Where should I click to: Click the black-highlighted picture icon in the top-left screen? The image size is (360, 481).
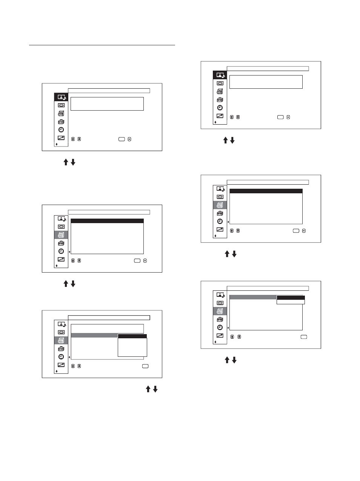tap(61, 97)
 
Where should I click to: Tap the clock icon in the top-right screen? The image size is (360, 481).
tap(220, 108)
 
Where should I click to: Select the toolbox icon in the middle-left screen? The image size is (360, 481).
tap(61, 243)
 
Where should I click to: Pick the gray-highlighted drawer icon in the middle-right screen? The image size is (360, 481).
tap(220, 205)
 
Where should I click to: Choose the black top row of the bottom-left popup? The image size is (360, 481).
tap(132, 336)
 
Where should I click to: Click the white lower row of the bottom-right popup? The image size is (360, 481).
tap(291, 302)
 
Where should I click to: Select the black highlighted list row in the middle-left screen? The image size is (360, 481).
tap(107, 221)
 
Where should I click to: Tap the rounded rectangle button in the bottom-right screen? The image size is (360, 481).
tap(304, 337)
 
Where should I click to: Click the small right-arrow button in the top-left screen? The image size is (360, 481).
tap(129, 139)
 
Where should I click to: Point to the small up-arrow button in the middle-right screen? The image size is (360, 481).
tap(232, 231)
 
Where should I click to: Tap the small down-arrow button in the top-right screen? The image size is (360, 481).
tap(238, 117)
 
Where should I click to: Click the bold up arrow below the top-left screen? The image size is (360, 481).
tap(66, 162)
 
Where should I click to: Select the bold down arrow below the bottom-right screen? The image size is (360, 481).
tap(234, 360)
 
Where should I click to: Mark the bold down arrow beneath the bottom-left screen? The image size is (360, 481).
tap(155, 389)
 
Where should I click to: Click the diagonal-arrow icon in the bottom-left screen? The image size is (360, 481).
tap(61, 365)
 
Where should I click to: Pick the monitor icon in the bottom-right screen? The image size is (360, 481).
tap(220, 303)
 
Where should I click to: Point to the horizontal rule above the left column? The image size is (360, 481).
tap(102, 45)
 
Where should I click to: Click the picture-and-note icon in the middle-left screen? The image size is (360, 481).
tap(62, 219)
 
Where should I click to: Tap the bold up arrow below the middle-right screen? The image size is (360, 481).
tap(227, 254)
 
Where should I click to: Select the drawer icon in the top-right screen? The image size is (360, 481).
tap(220, 91)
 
